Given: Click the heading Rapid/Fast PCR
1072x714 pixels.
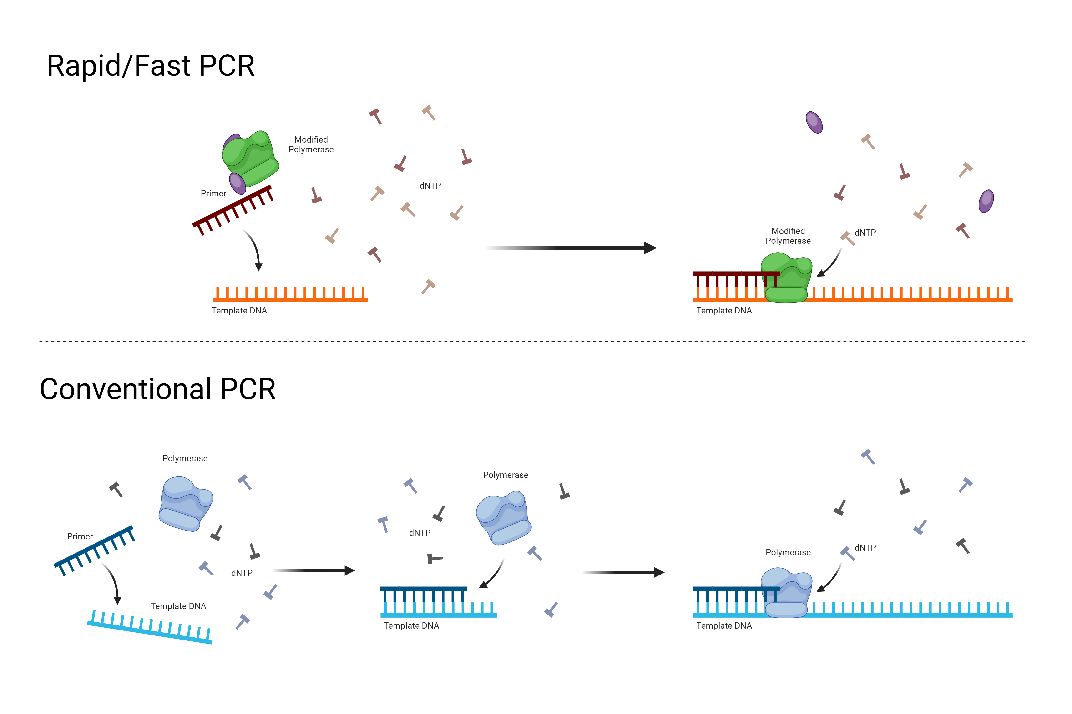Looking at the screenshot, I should point(150,66).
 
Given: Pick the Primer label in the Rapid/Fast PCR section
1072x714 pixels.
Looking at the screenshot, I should point(213,193).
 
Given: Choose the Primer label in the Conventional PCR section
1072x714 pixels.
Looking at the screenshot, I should point(80,536).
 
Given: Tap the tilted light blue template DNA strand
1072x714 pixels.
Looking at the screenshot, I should point(150,627).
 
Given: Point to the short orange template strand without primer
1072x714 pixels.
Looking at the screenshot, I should point(290,295).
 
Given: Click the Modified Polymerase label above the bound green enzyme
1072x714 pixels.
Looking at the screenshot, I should point(788,236).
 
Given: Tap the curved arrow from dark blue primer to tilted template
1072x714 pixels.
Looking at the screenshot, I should point(113,583).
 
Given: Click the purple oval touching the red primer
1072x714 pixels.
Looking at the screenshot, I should point(237,183).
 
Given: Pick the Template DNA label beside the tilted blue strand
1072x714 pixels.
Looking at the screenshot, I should point(178,606).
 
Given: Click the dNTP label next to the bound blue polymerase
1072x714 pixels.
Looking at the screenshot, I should point(865,548).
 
